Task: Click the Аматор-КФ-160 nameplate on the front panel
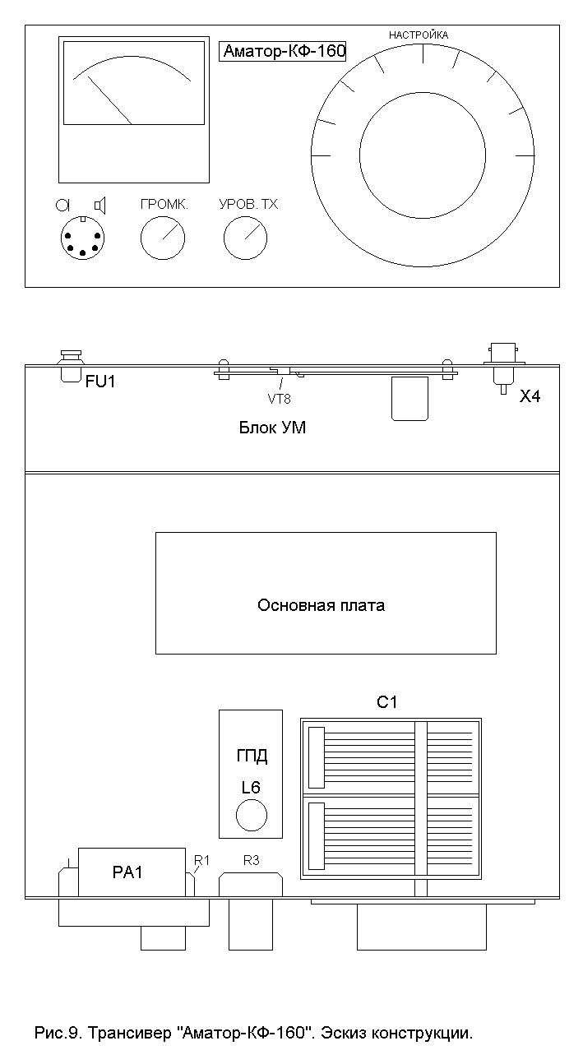[284, 51]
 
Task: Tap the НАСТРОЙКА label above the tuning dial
[419, 35]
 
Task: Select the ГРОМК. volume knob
[163, 239]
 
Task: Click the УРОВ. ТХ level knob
[246, 239]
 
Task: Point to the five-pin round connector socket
[83, 239]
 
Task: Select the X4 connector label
[530, 396]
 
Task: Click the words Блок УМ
[272, 428]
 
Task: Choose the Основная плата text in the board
[322, 606]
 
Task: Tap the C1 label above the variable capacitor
[386, 702]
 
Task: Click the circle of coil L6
[252, 816]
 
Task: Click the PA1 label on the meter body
[127, 873]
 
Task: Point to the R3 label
[251, 861]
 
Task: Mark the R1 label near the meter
[201, 860]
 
